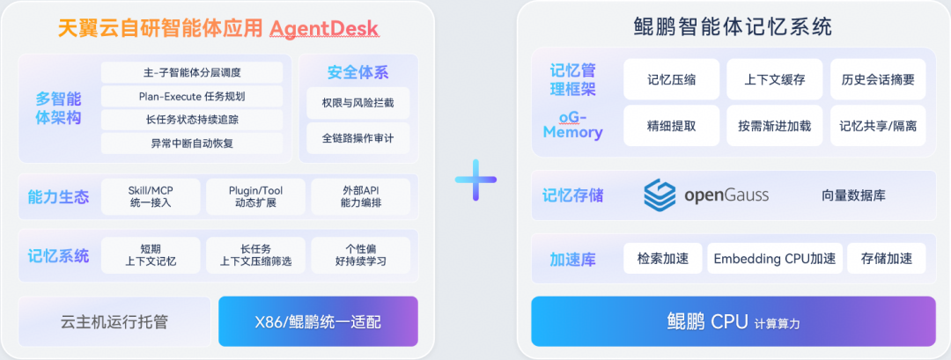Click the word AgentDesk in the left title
click(324, 28)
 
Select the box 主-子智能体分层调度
click(192, 73)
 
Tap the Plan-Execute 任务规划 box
click(192, 96)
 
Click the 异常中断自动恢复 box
click(192, 143)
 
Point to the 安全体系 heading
click(358, 73)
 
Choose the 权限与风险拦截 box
click(358, 103)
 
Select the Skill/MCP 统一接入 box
click(151, 196)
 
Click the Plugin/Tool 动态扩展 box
click(255, 196)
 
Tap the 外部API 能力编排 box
click(361, 196)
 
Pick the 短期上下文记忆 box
click(151, 255)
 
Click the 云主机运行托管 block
click(114, 321)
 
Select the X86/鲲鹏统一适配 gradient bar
click(318, 321)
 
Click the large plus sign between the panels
click(476, 180)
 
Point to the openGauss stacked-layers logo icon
click(660, 195)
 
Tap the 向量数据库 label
click(854, 195)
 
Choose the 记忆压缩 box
click(671, 79)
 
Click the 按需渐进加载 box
click(775, 126)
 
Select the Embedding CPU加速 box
click(775, 258)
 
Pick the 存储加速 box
click(886, 258)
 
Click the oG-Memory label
click(573, 124)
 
